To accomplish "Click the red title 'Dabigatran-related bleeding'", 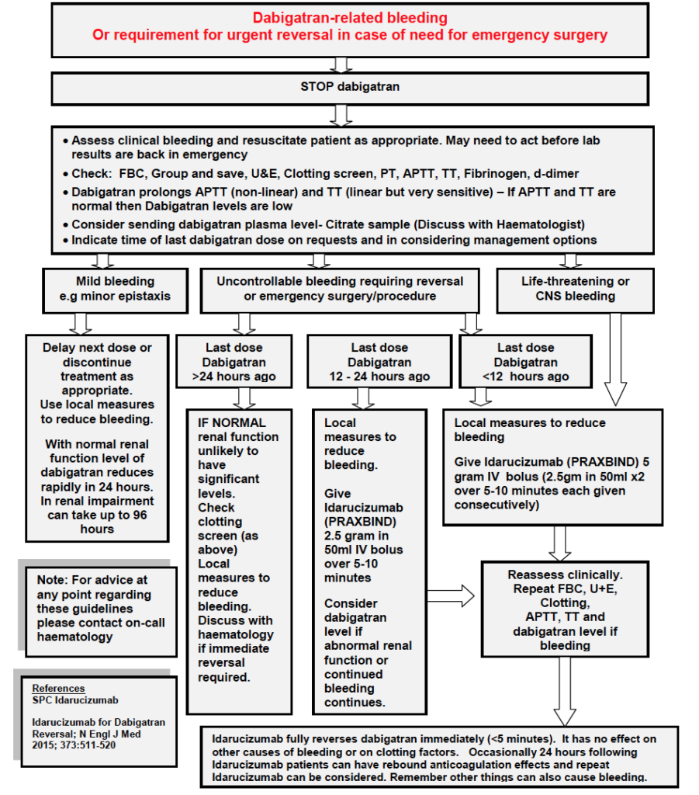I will coord(350,18).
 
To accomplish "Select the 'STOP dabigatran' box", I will coord(350,87).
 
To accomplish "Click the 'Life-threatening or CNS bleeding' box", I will coord(575,289).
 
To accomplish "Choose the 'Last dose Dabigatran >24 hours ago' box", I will coord(234,363).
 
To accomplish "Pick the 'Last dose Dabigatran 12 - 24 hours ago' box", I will coord(379,363).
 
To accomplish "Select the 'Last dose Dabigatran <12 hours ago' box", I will coord(525,363).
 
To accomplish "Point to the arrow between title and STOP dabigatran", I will coord(339,64).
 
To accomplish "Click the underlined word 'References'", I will coord(58,689).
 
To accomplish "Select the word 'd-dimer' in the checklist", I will coord(556,173).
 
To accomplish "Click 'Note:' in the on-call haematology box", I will coord(54,580).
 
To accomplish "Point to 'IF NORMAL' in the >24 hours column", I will coord(232,423).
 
